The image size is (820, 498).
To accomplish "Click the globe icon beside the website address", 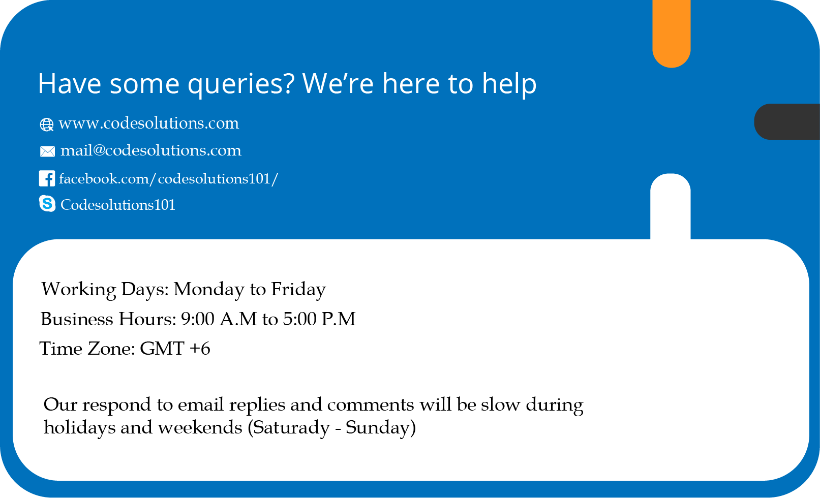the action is tap(46, 125).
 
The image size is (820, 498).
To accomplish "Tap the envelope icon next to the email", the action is tap(47, 151).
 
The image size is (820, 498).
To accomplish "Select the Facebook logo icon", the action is tap(47, 178).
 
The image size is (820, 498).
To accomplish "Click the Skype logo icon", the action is tap(47, 203).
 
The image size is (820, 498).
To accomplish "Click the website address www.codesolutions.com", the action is tap(148, 123).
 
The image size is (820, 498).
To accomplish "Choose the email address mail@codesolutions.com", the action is tap(151, 150).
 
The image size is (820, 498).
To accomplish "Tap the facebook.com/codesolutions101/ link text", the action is tap(168, 178).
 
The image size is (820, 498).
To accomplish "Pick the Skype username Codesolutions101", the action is tap(118, 205).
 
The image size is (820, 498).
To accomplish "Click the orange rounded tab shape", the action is tap(672, 34).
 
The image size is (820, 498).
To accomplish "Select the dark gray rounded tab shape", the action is tap(787, 121).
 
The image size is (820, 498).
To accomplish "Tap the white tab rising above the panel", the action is tap(670, 206).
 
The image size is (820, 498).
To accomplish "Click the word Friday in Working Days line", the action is tap(298, 290).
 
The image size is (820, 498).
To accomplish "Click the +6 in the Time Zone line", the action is tap(200, 348).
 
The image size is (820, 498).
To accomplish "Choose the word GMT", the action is tap(162, 348).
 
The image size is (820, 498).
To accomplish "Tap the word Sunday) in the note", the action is tap(381, 428).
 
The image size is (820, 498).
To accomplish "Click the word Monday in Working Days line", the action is tap(208, 290).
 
